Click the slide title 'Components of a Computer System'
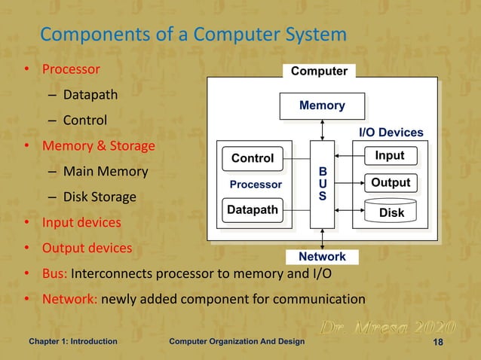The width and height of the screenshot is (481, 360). point(193,35)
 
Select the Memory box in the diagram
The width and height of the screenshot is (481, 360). point(322,105)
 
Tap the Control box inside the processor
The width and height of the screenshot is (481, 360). point(252,158)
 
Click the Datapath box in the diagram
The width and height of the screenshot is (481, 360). point(252,210)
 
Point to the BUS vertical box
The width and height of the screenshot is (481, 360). point(322,185)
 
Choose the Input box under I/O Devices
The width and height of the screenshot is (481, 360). point(390,156)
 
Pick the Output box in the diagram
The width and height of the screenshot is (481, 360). point(390,183)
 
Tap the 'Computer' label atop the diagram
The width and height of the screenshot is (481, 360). point(319,72)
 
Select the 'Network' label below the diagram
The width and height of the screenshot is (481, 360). point(322,257)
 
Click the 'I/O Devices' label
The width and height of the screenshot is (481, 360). point(391,133)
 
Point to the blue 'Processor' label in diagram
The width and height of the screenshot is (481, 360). point(256,185)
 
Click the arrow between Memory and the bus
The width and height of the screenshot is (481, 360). point(322,130)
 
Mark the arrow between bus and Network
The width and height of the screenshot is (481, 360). point(322,239)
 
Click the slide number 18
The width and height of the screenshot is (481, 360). point(437,342)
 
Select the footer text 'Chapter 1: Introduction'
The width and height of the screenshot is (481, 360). point(72,342)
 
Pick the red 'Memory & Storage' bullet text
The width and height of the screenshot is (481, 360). point(98,145)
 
